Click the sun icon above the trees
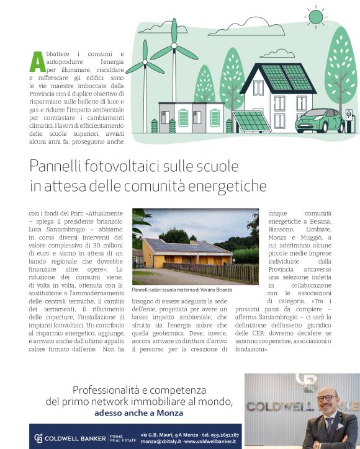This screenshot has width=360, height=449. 316,16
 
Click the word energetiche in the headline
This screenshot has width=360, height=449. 231,185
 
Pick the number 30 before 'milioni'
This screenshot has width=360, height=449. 91,246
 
